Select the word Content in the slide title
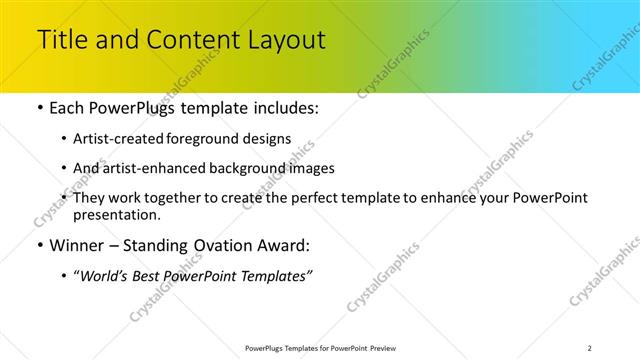(187, 41)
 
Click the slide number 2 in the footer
(589, 348)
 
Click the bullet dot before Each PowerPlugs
(39, 108)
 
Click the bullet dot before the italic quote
(65, 276)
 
